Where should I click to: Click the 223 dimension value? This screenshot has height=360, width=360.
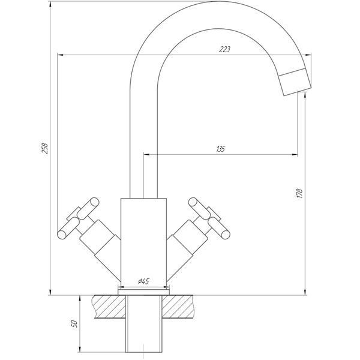click(224, 49)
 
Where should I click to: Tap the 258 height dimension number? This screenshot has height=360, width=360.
click(44, 148)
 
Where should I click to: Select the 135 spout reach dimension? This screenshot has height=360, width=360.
click(221, 149)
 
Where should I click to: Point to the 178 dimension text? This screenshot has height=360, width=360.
click(299, 193)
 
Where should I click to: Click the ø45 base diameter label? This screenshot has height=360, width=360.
click(144, 281)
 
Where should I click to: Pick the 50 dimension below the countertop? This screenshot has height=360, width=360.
click(74, 324)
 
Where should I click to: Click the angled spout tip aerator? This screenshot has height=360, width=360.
click(295, 82)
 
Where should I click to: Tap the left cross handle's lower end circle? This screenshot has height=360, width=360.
click(62, 235)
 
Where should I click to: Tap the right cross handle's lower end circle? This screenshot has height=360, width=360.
click(226, 234)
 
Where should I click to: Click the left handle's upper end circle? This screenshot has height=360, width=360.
click(94, 202)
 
